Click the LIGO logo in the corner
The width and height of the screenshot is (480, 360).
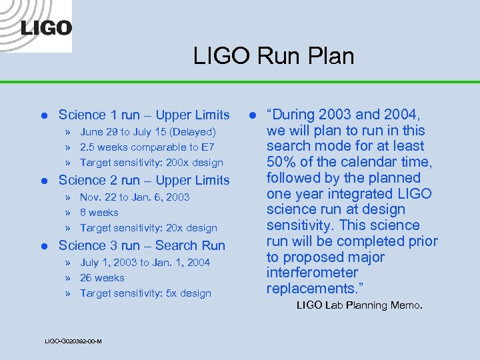46,28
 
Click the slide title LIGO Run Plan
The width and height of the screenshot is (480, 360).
273,56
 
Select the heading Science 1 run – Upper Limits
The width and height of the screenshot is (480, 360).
144,115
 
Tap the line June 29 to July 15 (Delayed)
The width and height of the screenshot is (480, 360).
148,132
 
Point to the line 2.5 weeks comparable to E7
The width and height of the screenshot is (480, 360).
147,147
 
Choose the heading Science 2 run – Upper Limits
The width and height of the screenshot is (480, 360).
144,180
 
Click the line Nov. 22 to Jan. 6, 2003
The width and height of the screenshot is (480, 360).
135,197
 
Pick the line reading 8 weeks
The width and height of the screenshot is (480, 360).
99,213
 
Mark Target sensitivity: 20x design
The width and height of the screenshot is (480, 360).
149,228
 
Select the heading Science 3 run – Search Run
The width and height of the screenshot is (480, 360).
142,245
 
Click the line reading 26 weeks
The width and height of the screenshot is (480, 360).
102,278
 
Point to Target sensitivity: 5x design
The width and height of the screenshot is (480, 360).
145,293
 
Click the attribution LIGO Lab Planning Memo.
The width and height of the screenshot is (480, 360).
359,305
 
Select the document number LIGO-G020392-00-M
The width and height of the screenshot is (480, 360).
73,341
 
